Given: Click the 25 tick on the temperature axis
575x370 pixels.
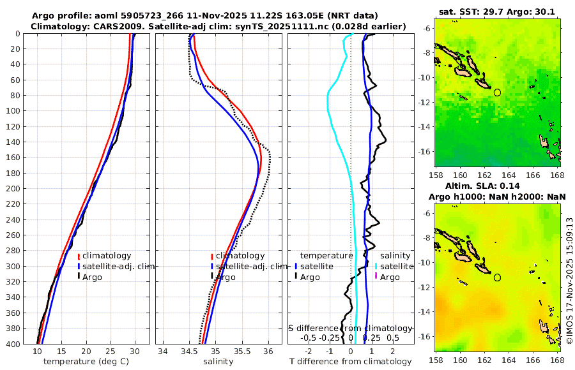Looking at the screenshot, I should click(x=111, y=352).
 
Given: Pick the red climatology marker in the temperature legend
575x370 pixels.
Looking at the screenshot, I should click(x=79, y=256).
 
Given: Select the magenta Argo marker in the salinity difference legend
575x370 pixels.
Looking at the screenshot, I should click(x=376, y=277).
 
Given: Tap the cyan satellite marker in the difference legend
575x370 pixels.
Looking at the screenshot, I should click(x=376, y=266).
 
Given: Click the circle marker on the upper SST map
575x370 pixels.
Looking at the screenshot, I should click(x=497, y=93).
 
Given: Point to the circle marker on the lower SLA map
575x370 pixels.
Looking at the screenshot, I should click(x=497, y=277).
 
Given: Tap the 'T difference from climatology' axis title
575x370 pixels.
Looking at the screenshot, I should click(x=351, y=362).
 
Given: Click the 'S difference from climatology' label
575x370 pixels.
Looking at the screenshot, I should click(x=350, y=327).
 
